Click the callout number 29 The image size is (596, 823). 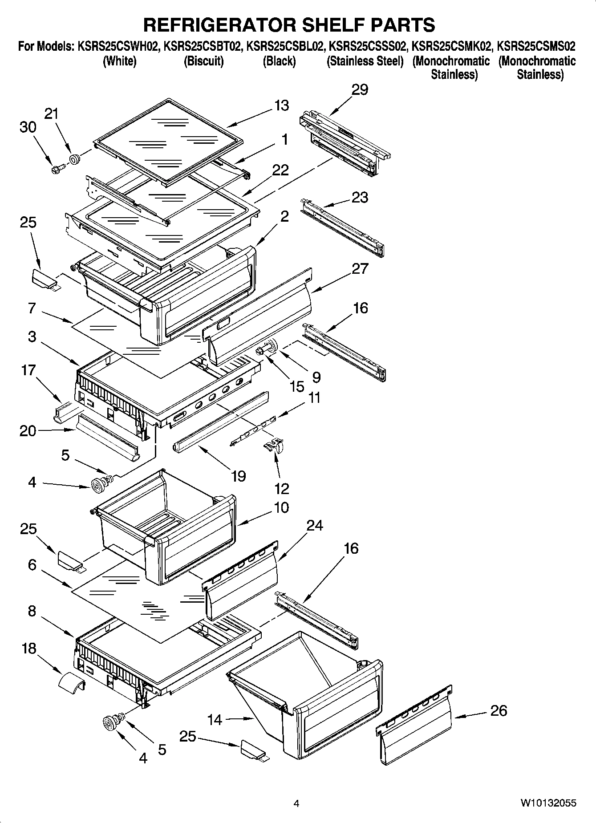click(360, 89)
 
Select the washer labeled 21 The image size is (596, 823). click(74, 158)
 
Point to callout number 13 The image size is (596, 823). click(281, 105)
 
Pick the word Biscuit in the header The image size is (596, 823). click(203, 61)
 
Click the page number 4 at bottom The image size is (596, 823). click(296, 803)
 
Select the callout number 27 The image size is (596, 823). click(360, 268)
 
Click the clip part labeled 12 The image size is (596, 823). click(273, 446)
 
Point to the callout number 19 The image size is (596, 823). click(239, 476)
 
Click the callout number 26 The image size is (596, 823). click(498, 710)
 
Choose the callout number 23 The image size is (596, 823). click(360, 197)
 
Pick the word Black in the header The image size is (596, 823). click(279, 61)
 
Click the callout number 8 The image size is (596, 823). click(32, 611)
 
